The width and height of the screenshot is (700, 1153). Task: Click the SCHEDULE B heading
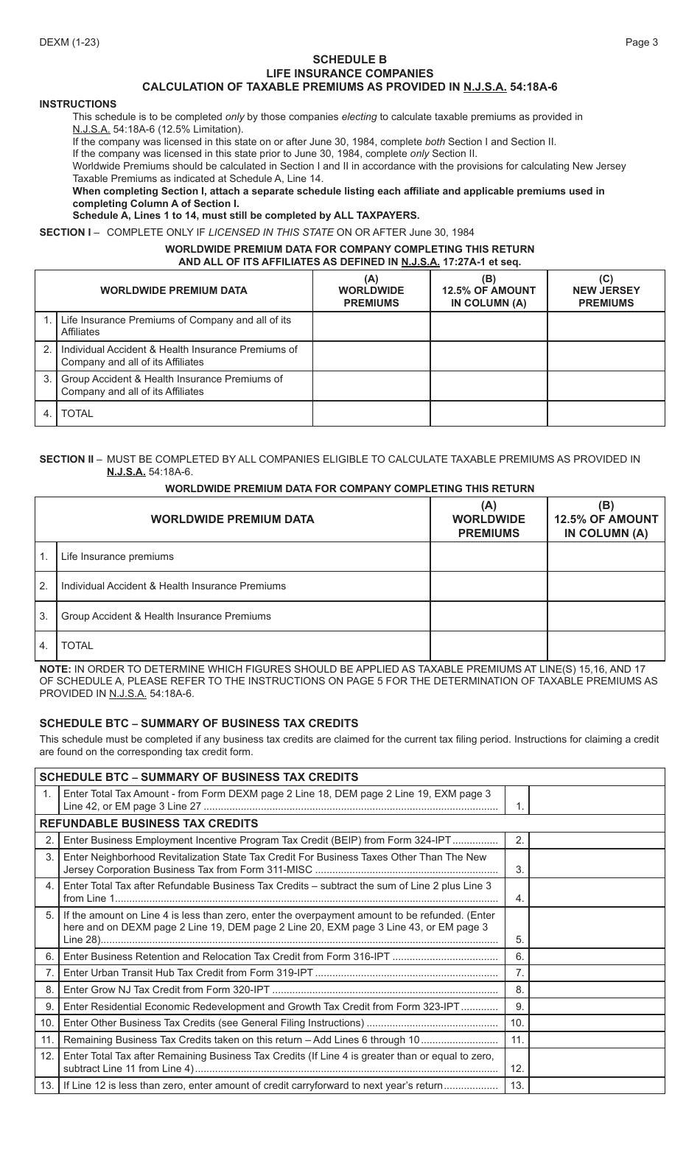point(349,60)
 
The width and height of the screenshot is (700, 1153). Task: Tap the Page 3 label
point(641,42)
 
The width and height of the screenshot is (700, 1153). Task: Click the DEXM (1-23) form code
point(69,42)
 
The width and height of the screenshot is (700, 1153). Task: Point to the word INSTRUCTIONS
point(78,104)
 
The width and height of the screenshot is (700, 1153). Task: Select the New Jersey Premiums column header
point(606,290)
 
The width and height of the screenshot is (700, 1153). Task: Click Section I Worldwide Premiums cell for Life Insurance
point(371,326)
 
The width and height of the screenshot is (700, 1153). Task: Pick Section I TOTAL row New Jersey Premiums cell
point(606,413)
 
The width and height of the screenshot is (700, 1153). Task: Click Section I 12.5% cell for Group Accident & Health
point(489,385)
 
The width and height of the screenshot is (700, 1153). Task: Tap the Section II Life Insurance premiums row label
point(117,557)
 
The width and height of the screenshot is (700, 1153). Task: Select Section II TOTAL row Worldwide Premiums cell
point(489,646)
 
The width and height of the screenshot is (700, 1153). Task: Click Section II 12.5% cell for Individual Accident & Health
point(606,586)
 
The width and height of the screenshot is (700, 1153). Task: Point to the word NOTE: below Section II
point(55,670)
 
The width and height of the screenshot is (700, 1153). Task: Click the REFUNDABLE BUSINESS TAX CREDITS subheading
point(149,824)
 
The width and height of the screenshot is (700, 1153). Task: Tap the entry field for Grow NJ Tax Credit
point(597,989)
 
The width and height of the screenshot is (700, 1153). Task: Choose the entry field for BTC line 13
point(597,1085)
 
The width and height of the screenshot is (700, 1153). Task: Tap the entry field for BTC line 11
point(597,1040)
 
